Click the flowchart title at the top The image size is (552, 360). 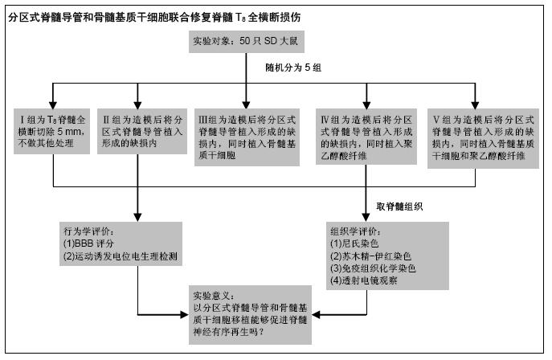154,17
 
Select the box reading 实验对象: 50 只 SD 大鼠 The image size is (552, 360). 247,42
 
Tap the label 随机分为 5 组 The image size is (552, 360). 293,67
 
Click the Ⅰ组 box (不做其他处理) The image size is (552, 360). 51,131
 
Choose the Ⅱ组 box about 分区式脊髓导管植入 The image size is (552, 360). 142,131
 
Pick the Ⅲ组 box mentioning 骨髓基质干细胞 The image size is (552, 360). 247,137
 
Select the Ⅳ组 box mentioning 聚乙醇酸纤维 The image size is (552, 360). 366,137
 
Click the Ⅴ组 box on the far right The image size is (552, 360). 483,138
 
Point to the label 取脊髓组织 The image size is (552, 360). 399,207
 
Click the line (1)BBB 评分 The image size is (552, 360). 88,243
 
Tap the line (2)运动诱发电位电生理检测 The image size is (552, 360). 121,256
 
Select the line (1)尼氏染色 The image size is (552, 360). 354,243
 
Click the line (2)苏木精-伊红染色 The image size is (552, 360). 370,256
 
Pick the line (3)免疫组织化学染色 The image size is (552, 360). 373,268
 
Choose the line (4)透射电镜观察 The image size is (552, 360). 364,280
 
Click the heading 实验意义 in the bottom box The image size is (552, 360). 214,296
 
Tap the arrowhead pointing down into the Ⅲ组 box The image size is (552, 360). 246,105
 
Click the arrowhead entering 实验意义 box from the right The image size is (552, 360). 316,315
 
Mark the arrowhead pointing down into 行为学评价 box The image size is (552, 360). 137,217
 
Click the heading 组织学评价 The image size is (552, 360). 356,231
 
